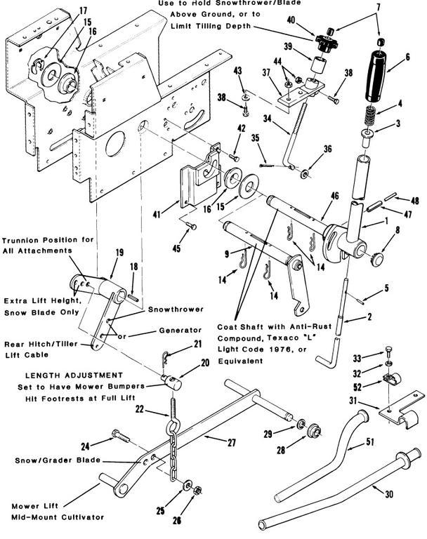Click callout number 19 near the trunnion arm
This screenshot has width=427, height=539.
(119, 253)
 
